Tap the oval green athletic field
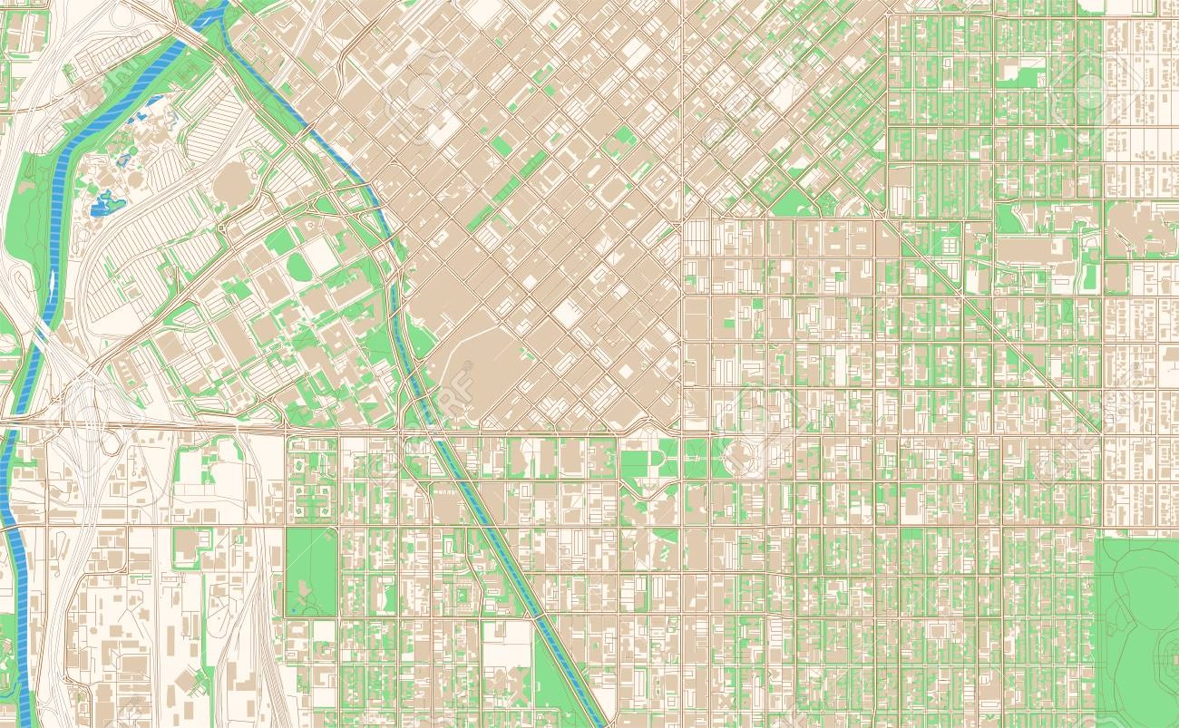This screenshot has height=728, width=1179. [x=297, y=267]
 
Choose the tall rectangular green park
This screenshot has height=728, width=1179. [x=311, y=571]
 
